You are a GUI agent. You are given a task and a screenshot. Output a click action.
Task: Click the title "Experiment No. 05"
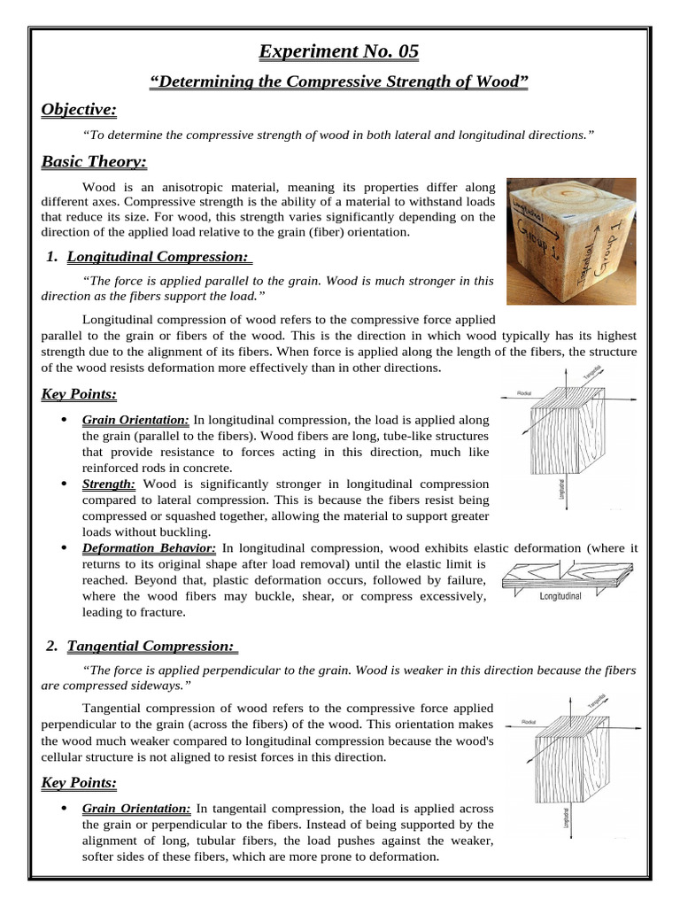338,52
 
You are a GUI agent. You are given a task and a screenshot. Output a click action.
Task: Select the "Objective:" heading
79,109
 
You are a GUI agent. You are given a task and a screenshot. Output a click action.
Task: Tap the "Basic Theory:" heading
94,162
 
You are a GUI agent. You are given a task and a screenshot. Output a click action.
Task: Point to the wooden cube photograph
570,241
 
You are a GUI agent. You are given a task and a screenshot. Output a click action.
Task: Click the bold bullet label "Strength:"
108,484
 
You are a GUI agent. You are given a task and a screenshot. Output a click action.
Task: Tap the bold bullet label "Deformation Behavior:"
149,548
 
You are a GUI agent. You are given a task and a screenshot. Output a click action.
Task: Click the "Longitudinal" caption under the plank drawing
560,596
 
